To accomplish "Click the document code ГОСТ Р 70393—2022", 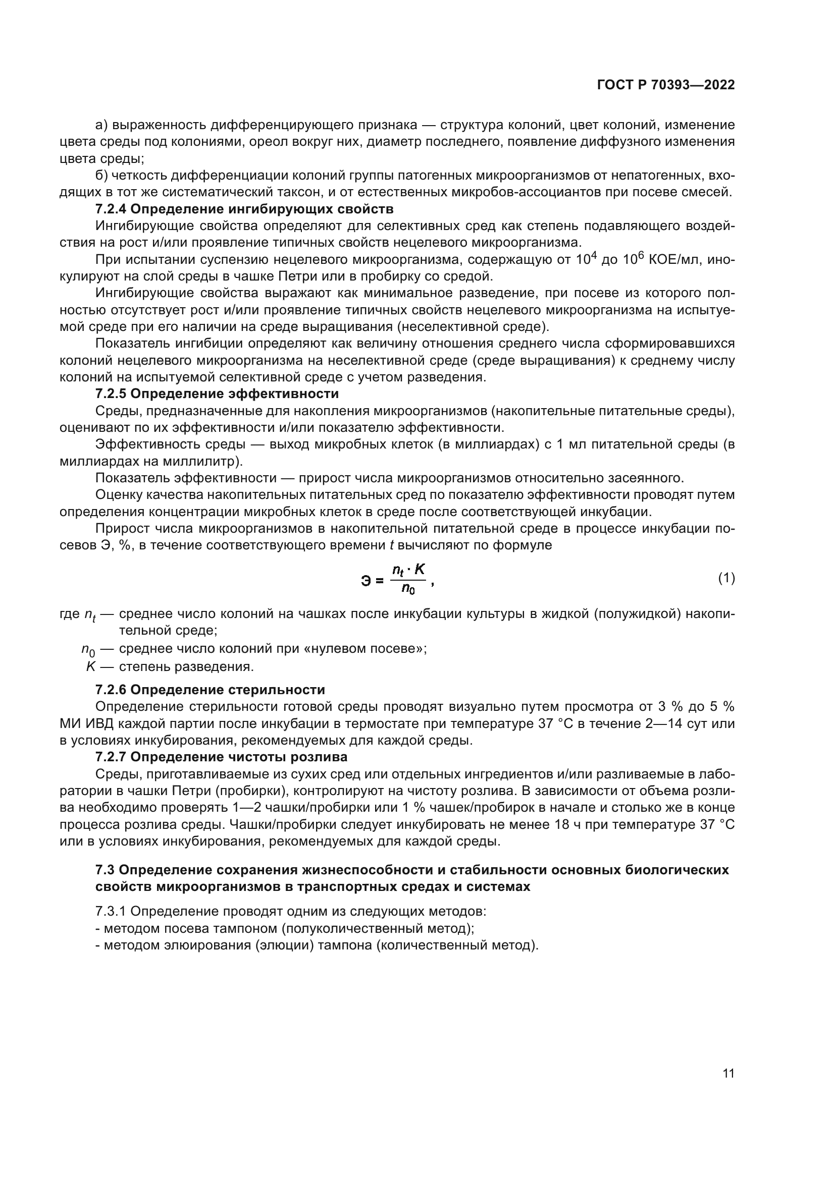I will click(x=666, y=85).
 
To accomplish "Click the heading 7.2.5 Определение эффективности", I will click(x=217, y=394).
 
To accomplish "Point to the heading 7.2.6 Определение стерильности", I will click(x=210, y=690).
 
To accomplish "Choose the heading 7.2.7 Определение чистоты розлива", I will click(x=221, y=757).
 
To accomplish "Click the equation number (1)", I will click(x=726, y=579).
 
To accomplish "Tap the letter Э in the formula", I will click(x=366, y=581).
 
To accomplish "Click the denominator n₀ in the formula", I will click(x=409, y=589).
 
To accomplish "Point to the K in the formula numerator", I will click(x=420, y=569).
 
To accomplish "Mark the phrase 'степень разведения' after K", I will click(x=186, y=667).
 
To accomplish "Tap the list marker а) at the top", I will click(x=101, y=125).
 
